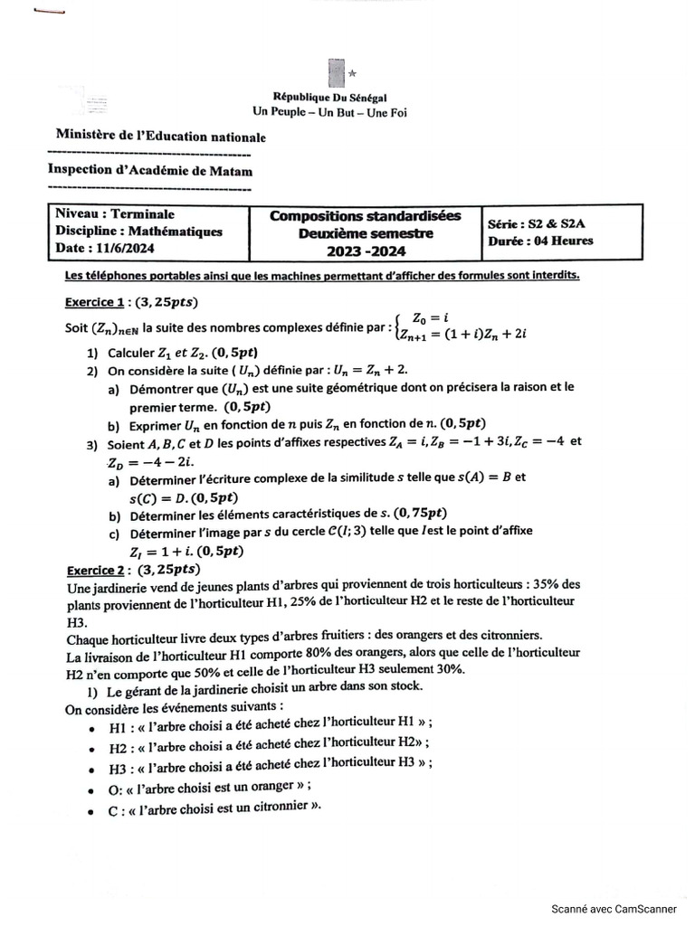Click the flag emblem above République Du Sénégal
coord(337,73)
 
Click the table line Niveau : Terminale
coord(115,214)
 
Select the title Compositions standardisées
coord(365,216)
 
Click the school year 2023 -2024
coord(366,250)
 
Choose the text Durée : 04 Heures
coord(540,241)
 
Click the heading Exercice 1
coord(94,301)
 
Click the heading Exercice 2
coord(94,571)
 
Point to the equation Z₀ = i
coord(431,317)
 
